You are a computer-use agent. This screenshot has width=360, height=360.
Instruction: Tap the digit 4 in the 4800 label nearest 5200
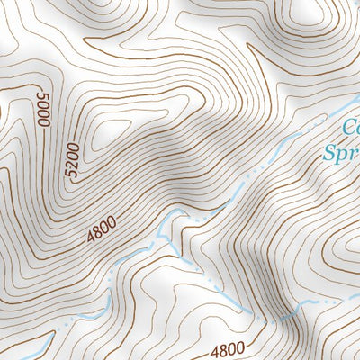coord(91,239)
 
